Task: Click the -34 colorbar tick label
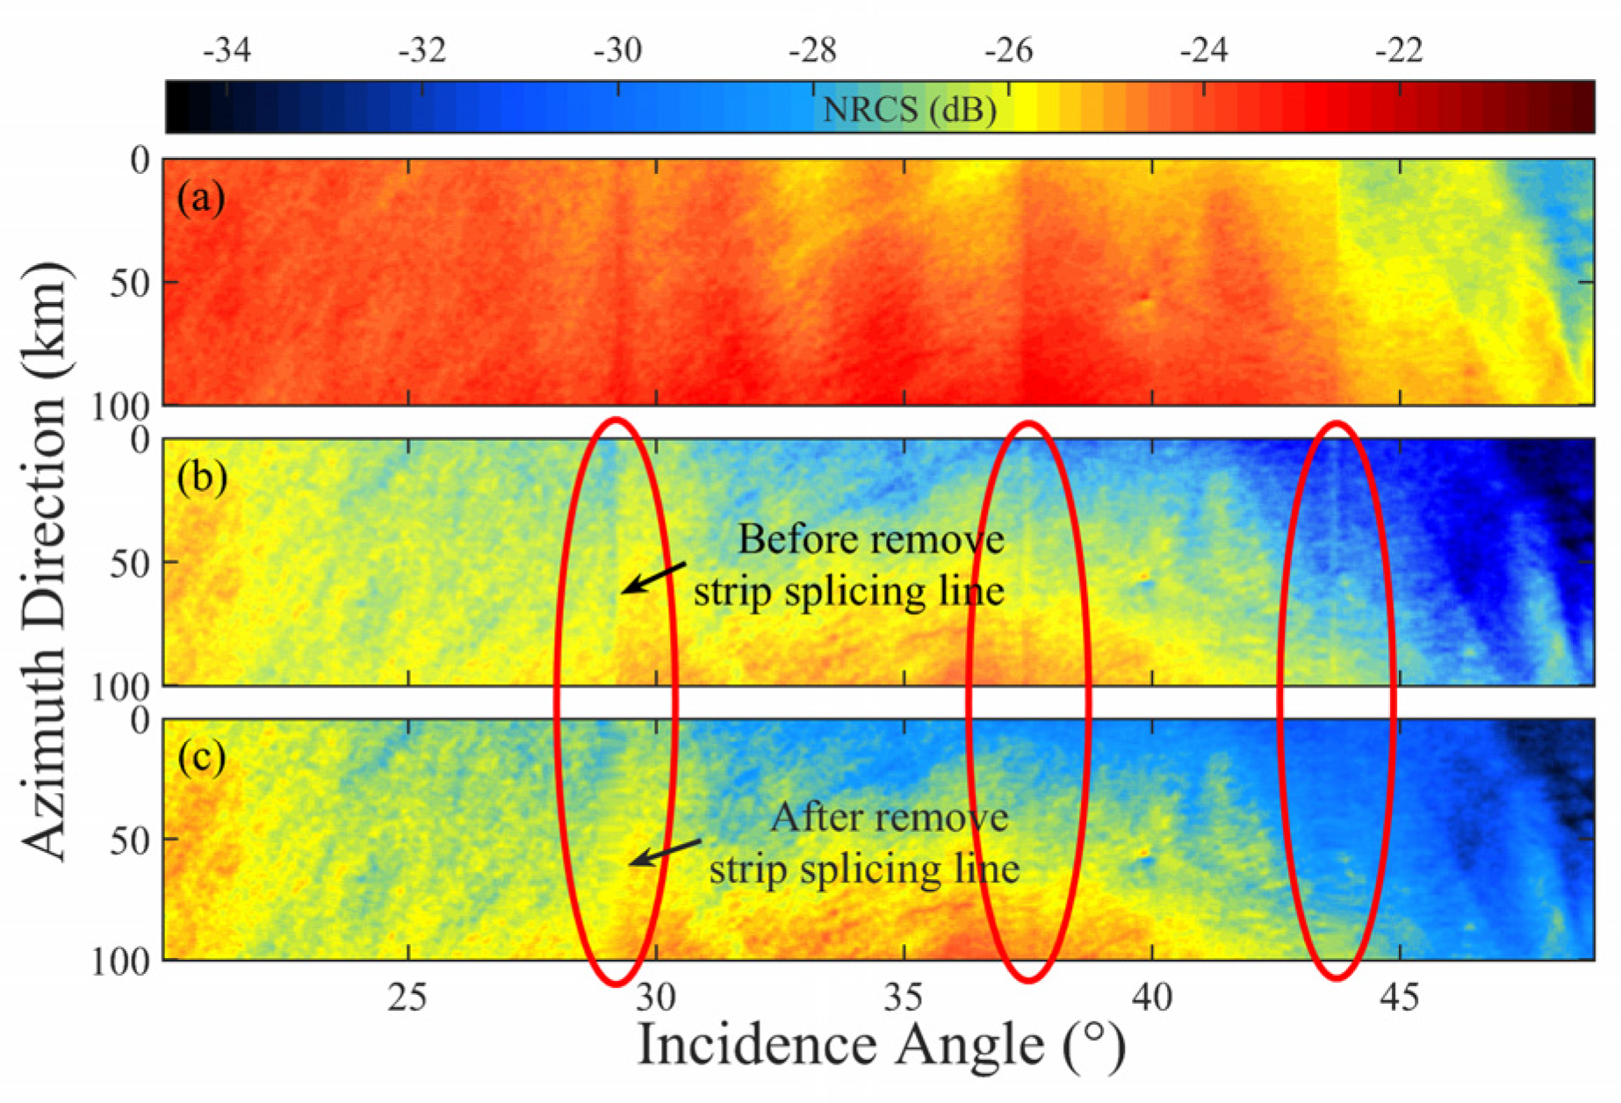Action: point(227,51)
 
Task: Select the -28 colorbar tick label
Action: point(812,51)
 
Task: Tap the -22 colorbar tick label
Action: point(1398,51)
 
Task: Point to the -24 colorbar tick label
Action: point(1203,51)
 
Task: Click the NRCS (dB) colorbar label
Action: point(909,111)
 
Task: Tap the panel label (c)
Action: point(201,757)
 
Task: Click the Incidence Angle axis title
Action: point(880,1045)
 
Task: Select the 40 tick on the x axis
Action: point(1152,997)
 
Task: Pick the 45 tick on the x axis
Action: point(1400,997)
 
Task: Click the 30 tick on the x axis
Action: point(656,997)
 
